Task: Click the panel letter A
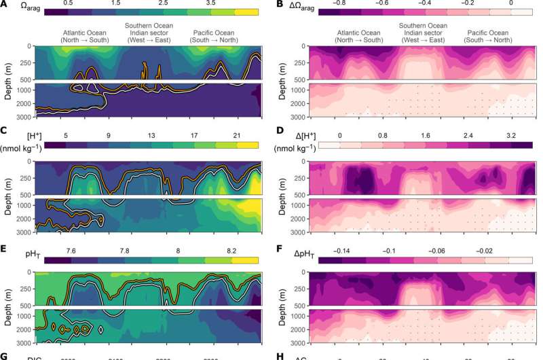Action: coord(5,5)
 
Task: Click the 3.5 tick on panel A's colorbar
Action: coord(220,3)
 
